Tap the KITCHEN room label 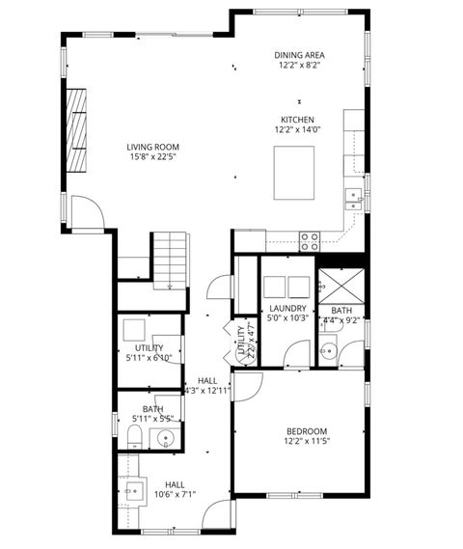pyautogui.click(x=297, y=120)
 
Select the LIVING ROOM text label pyautogui.click(x=152, y=147)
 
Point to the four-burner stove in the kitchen pyautogui.click(x=310, y=241)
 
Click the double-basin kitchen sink pyautogui.click(x=354, y=199)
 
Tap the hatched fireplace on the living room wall pyautogui.click(x=76, y=126)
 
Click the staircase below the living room pyautogui.click(x=170, y=261)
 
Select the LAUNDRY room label pyautogui.click(x=286, y=309)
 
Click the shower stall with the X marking pyautogui.click(x=340, y=287)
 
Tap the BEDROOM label pyautogui.click(x=307, y=430)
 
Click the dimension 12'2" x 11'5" pyautogui.click(x=307, y=441)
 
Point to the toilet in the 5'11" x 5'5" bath pyautogui.click(x=134, y=440)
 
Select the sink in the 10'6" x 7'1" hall pyautogui.click(x=132, y=487)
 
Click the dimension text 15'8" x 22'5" pyautogui.click(x=152, y=158)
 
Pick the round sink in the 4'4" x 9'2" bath pyautogui.click(x=329, y=351)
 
